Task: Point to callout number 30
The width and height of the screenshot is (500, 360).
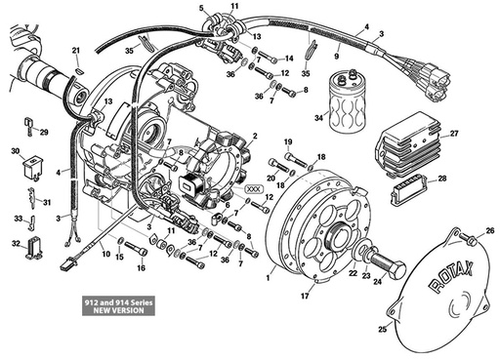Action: click(x=15, y=151)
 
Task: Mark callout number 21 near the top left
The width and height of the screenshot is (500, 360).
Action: click(x=76, y=50)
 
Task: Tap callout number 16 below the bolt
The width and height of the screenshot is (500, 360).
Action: click(x=141, y=267)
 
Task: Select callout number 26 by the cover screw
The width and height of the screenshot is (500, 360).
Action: click(x=490, y=231)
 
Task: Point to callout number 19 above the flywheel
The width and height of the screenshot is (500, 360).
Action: click(x=288, y=143)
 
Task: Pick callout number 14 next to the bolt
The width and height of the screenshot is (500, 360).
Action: click(x=289, y=58)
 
